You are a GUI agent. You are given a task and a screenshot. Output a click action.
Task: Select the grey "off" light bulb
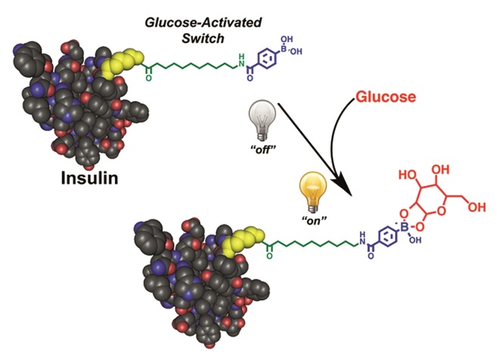point(259,120)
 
